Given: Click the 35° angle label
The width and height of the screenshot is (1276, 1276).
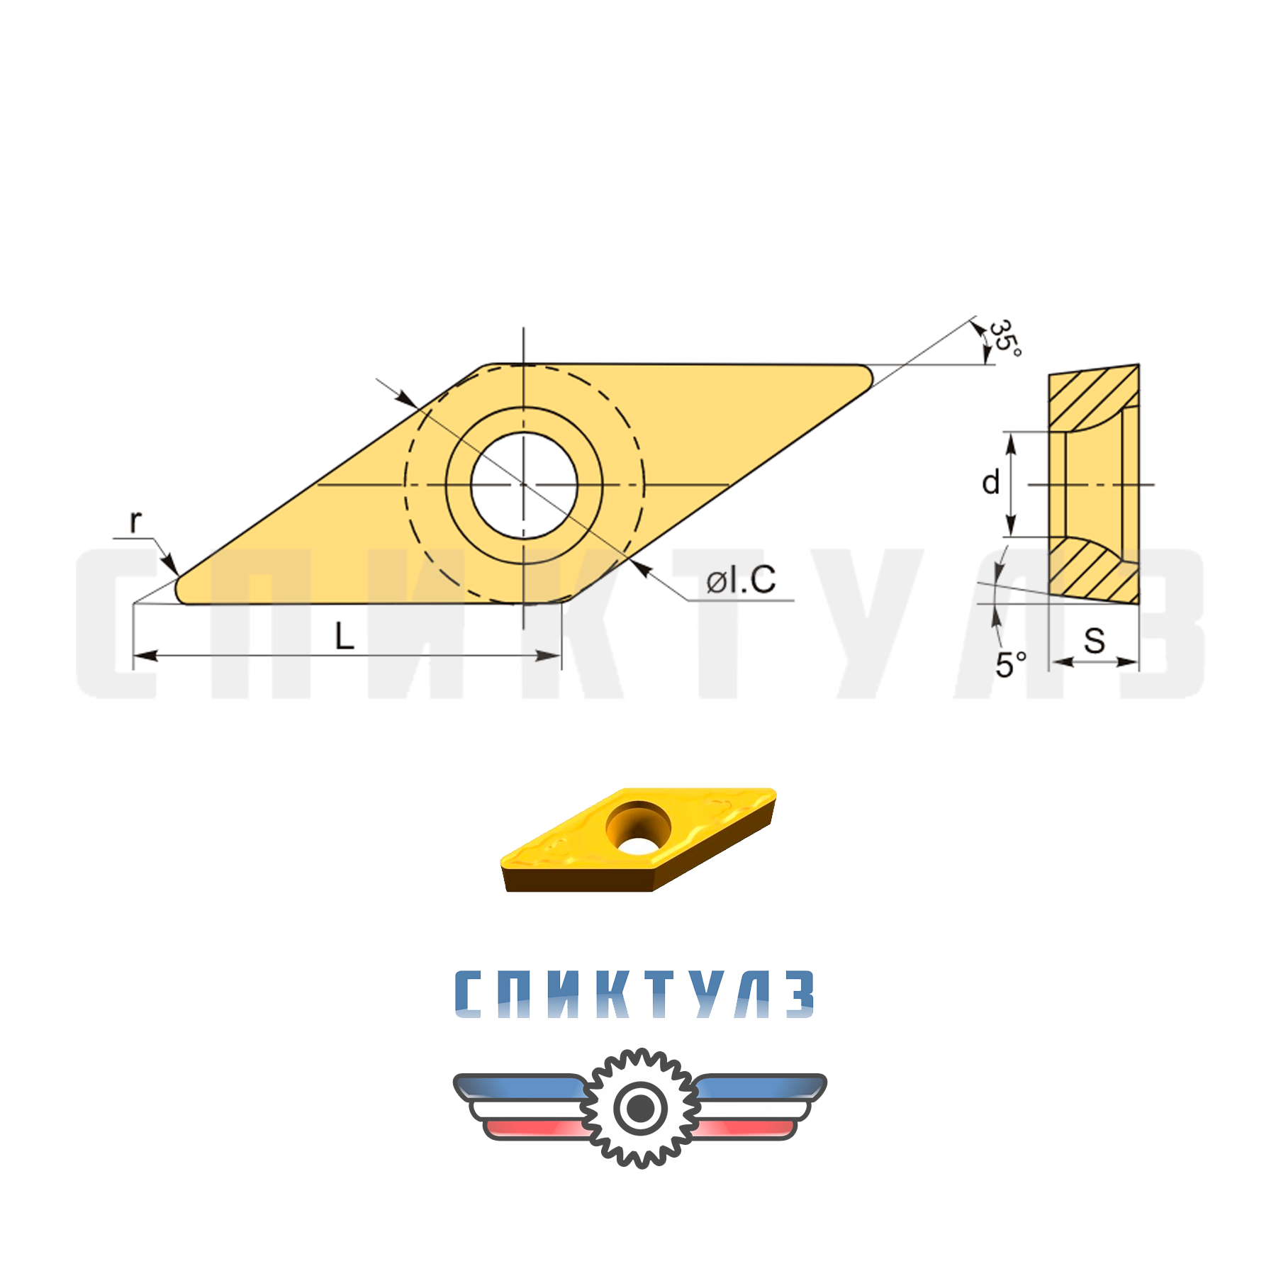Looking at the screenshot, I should pyautogui.click(x=1005, y=338).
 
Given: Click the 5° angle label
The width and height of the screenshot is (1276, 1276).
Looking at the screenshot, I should pyautogui.click(x=1010, y=664).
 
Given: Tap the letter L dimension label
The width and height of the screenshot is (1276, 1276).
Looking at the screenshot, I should pyautogui.click(x=345, y=636).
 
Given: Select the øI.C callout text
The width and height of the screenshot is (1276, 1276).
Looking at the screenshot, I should pyautogui.click(x=741, y=580).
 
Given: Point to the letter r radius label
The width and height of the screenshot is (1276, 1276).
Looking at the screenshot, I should pyautogui.click(x=135, y=521).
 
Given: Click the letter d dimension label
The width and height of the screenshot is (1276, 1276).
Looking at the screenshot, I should pyautogui.click(x=990, y=483).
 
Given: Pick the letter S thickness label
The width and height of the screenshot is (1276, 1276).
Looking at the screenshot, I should pyautogui.click(x=1094, y=640).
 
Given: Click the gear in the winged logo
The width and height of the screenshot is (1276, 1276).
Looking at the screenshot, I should pyautogui.click(x=640, y=1107).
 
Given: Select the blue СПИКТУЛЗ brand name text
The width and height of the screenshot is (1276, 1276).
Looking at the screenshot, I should pyautogui.click(x=634, y=994).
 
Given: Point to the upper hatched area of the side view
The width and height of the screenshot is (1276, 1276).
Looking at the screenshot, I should pyautogui.click(x=1085, y=397).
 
